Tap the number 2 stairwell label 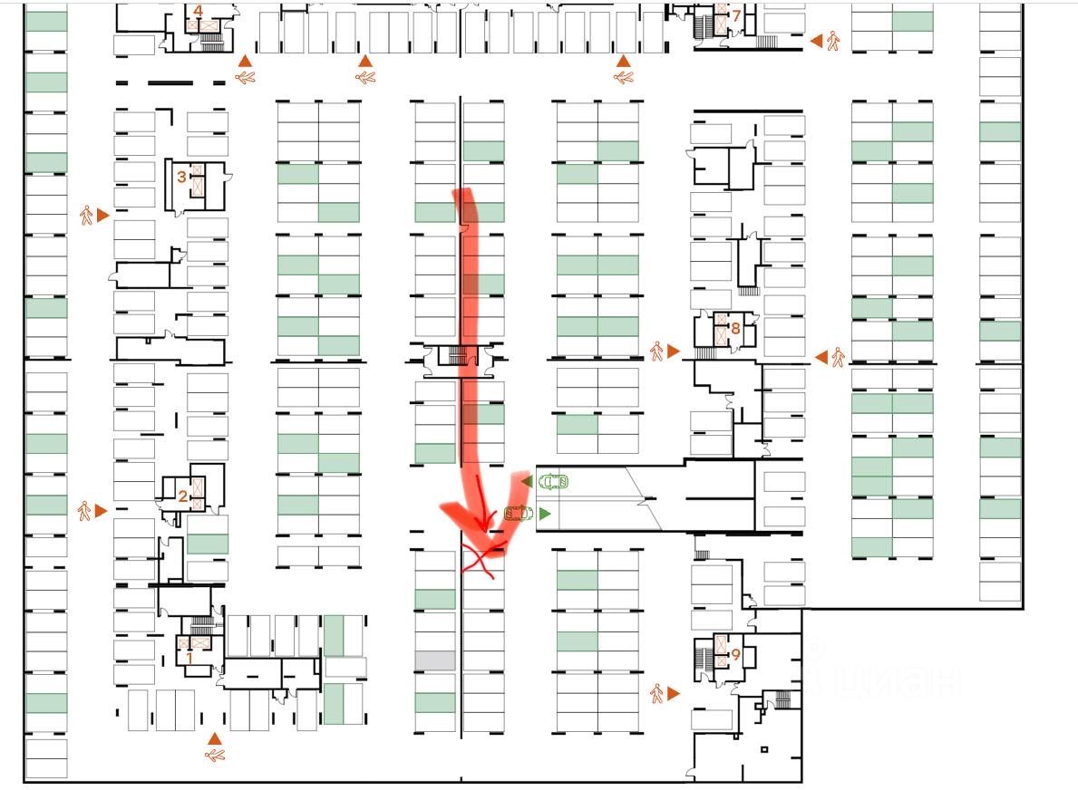pos(182,496)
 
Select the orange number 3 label pos(181,177)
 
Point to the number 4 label pos(198,12)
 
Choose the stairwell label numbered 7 pos(736,15)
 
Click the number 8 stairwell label pos(735,328)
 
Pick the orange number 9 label pos(735,653)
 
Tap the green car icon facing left pos(552,481)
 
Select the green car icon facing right pos(520,514)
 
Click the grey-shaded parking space pos(435,660)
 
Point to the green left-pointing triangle pos(527,481)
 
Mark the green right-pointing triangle pos(545,514)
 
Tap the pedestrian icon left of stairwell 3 pos(87,216)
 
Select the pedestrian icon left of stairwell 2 pos(85,511)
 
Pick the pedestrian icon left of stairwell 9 pos(656,694)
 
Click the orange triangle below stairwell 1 pos(215,738)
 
